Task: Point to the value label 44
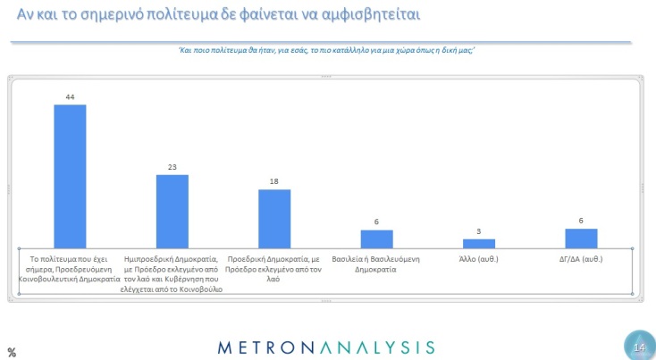(70, 96)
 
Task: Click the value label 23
(172, 167)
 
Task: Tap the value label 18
(274, 182)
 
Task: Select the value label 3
(479, 232)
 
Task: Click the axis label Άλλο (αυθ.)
(479, 260)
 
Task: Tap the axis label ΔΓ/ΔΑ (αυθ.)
(581, 260)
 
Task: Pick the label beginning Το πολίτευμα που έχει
(70, 269)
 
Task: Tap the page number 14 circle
(638, 347)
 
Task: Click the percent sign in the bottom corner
(12, 352)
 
